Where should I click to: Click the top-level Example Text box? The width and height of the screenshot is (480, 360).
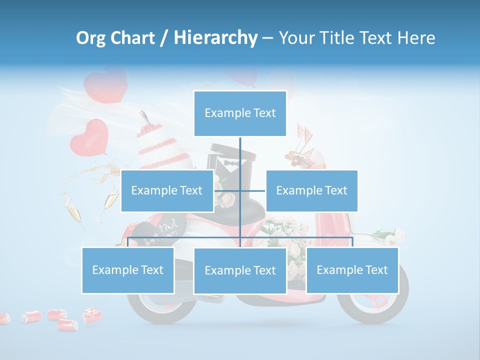point(240,113)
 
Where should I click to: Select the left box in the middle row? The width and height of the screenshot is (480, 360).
point(167,190)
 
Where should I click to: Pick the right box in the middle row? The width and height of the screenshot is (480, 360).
point(311,190)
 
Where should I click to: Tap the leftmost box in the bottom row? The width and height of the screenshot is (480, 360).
point(128,270)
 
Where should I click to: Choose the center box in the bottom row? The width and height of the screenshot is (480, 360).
point(240,270)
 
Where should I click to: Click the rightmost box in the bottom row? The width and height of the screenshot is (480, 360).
point(352,270)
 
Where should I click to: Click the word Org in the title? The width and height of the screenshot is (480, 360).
point(89,38)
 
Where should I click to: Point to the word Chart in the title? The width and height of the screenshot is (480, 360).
point(132,38)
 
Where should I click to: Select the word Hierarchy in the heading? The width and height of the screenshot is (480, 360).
point(215,38)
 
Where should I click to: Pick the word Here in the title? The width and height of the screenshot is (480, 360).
point(416,38)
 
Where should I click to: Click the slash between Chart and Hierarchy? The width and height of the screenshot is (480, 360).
point(164,38)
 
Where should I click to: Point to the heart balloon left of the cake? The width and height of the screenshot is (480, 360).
point(89,136)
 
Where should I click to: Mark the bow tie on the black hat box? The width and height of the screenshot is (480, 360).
point(230,163)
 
